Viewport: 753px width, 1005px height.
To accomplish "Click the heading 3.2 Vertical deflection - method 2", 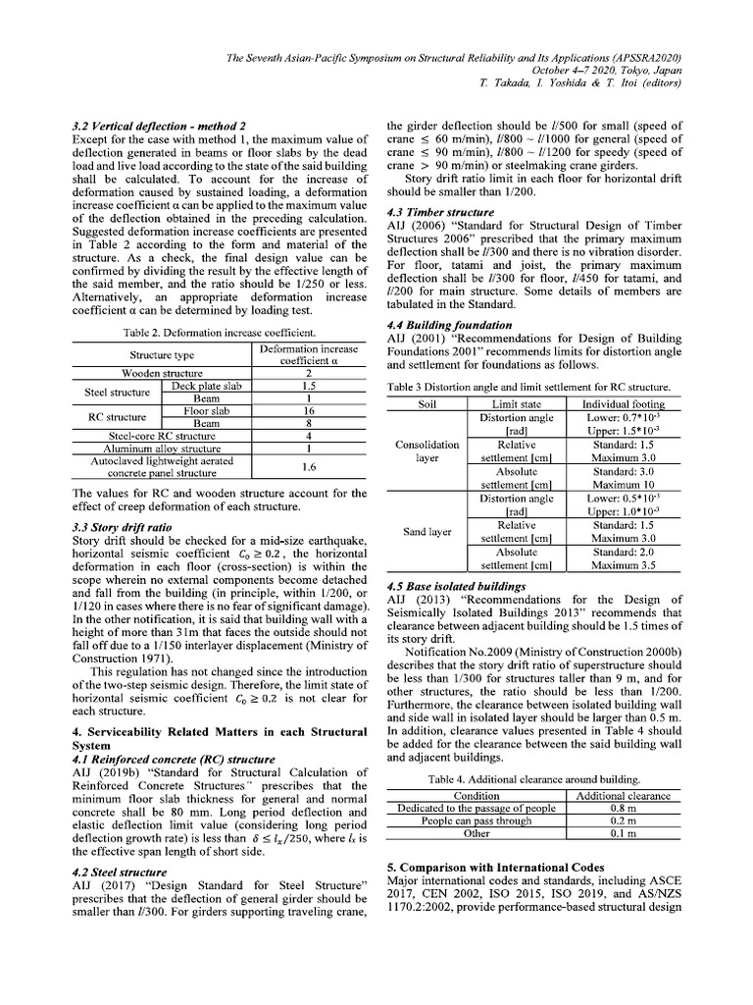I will point(159,127).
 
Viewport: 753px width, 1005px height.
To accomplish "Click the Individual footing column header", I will point(624,403).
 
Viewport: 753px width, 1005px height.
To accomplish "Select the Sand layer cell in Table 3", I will point(427,532).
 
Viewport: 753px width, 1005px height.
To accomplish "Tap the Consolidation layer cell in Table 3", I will point(427,451).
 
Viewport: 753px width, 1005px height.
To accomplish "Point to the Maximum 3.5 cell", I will point(624,565).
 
